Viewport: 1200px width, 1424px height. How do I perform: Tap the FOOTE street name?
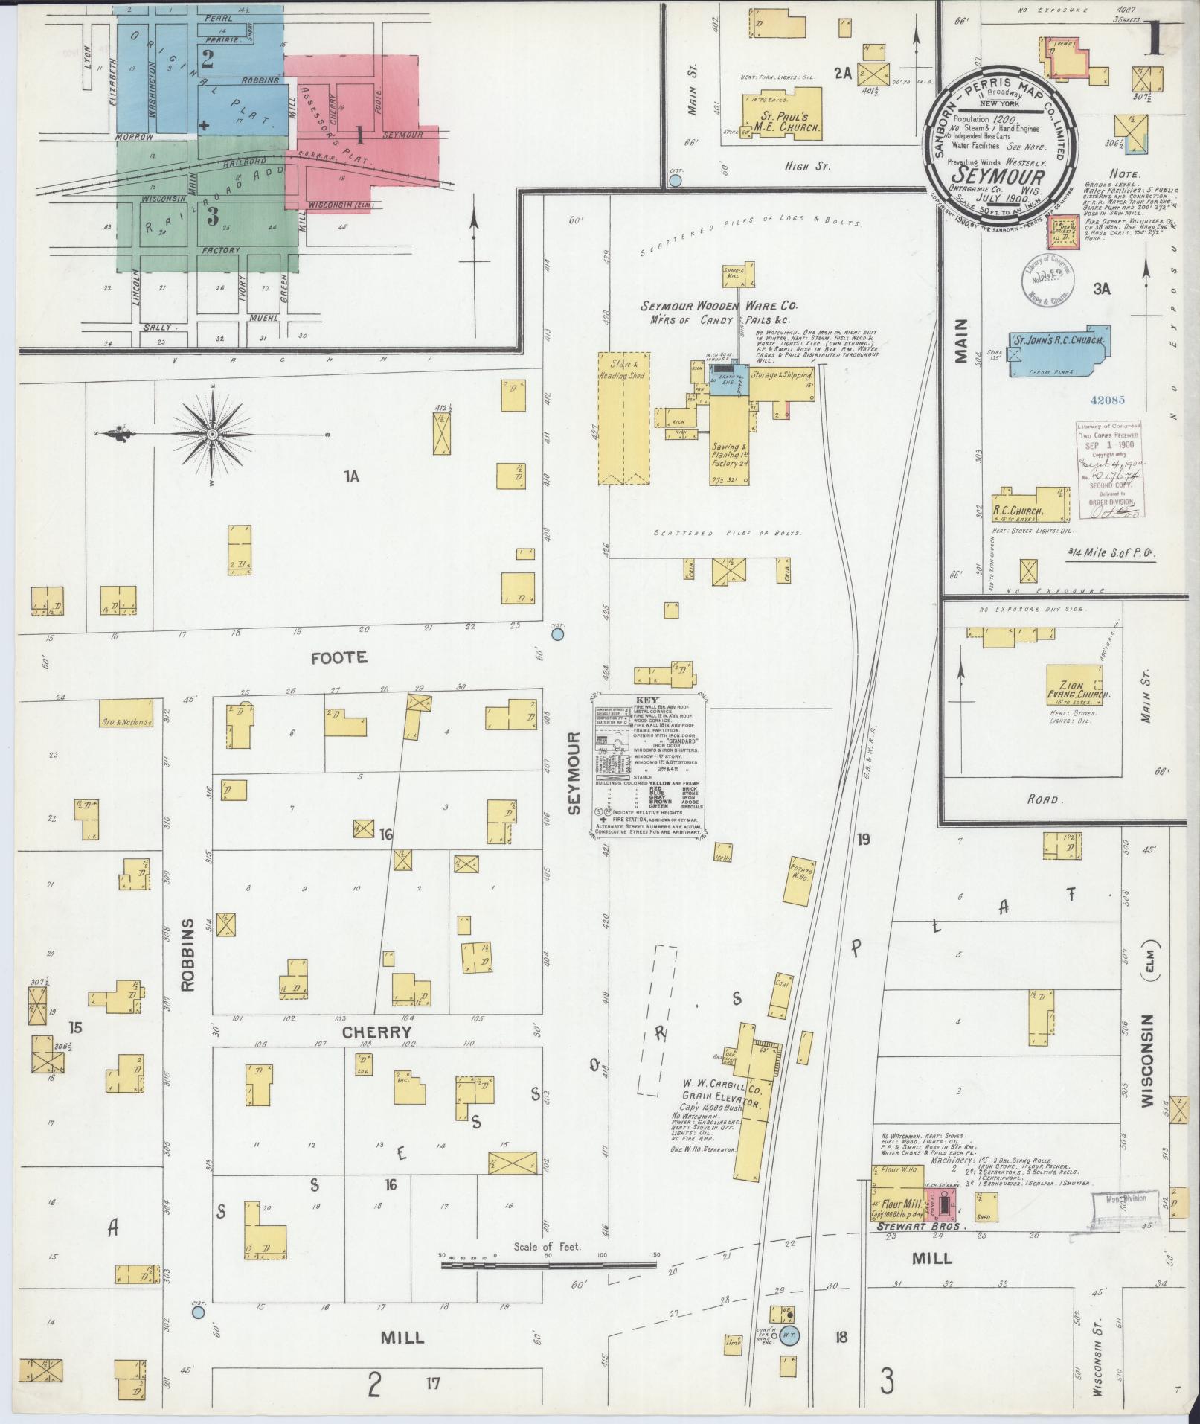339,657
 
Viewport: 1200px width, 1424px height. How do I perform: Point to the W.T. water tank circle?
789,1336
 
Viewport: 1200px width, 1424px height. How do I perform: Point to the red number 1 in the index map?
360,135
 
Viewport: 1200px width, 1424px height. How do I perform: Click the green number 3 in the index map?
213,217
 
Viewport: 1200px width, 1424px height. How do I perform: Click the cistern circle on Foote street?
558,635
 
